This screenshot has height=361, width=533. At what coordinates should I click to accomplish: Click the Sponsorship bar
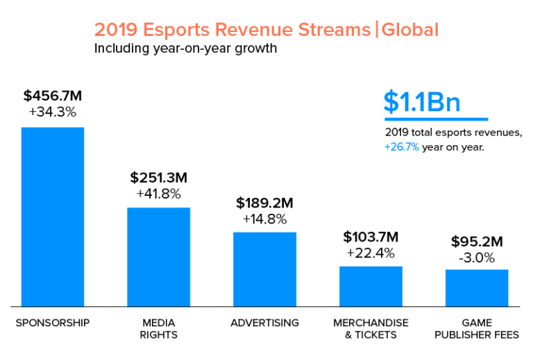point(53,217)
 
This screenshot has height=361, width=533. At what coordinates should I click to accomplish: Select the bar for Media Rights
point(158,256)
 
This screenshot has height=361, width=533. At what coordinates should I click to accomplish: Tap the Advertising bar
point(264,269)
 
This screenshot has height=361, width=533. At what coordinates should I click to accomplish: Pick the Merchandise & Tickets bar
point(371,286)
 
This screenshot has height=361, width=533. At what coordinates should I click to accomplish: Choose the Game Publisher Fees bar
point(477,287)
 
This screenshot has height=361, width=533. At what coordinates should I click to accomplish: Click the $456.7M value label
point(53,96)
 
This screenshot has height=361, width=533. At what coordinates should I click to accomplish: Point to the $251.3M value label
point(158,178)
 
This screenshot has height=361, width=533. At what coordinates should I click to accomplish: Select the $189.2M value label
point(264,203)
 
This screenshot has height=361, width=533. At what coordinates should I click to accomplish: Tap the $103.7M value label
point(371,237)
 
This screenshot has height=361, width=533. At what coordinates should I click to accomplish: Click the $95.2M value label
point(477,242)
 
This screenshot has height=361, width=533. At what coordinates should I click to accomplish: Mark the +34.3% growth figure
point(53,112)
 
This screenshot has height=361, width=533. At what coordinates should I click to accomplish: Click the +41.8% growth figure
point(158,193)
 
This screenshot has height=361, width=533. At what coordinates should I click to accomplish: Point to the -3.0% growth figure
point(477,258)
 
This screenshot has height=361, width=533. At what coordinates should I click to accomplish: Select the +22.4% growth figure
point(371,252)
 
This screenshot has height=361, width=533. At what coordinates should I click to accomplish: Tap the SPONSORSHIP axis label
point(53,323)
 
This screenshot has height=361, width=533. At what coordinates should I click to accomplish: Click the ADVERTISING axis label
point(264,323)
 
